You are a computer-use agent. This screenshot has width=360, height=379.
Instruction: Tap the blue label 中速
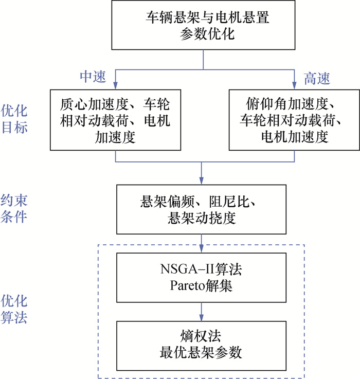93,77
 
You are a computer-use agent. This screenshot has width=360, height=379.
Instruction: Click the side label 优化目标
14,119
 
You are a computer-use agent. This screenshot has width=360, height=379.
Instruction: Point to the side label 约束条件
14,209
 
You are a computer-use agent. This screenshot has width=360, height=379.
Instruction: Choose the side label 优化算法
14,309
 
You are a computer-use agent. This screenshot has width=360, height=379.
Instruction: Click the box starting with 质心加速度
115,120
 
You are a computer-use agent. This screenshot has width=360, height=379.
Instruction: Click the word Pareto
187,286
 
